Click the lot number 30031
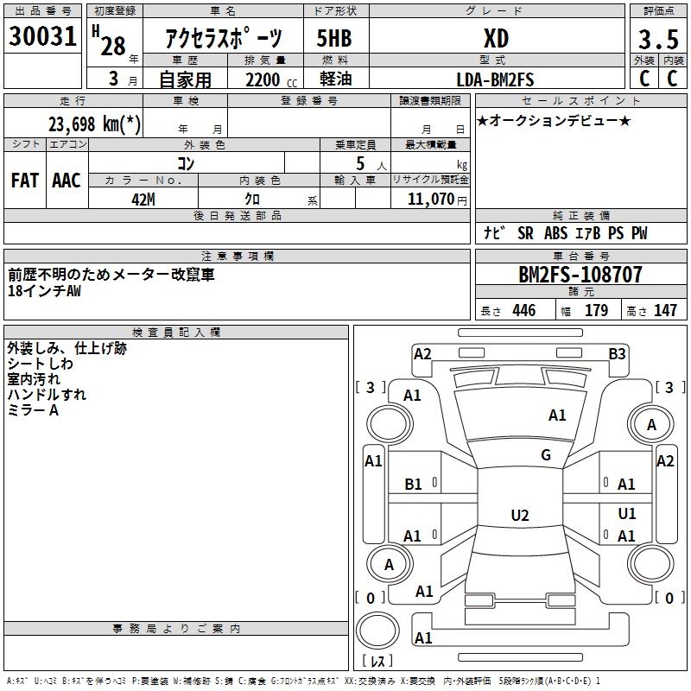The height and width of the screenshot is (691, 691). point(42,36)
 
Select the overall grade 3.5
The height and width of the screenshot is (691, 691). point(658,39)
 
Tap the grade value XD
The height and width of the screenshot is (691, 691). point(496,38)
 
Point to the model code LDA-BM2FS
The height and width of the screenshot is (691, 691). point(495,79)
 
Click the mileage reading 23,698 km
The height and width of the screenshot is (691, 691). point(94,124)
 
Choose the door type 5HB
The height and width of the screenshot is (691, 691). point(334,38)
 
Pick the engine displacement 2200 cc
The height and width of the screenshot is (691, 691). point(271,79)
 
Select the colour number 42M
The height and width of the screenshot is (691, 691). point(143,200)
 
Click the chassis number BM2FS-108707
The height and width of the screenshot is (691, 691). point(580,275)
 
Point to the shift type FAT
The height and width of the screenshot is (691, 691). point(25,181)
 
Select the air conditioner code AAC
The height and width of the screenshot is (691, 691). point(67,181)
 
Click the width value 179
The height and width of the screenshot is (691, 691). point(596,310)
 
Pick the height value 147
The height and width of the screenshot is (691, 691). point(665,310)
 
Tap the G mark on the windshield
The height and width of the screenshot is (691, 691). point(546,455)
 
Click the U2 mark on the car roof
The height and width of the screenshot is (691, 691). point(520,515)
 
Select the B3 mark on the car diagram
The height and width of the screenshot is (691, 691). point(617,354)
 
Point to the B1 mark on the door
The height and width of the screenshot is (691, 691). point(413,485)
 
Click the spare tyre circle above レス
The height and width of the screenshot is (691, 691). point(377,631)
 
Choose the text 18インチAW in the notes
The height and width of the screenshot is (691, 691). point(45,291)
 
